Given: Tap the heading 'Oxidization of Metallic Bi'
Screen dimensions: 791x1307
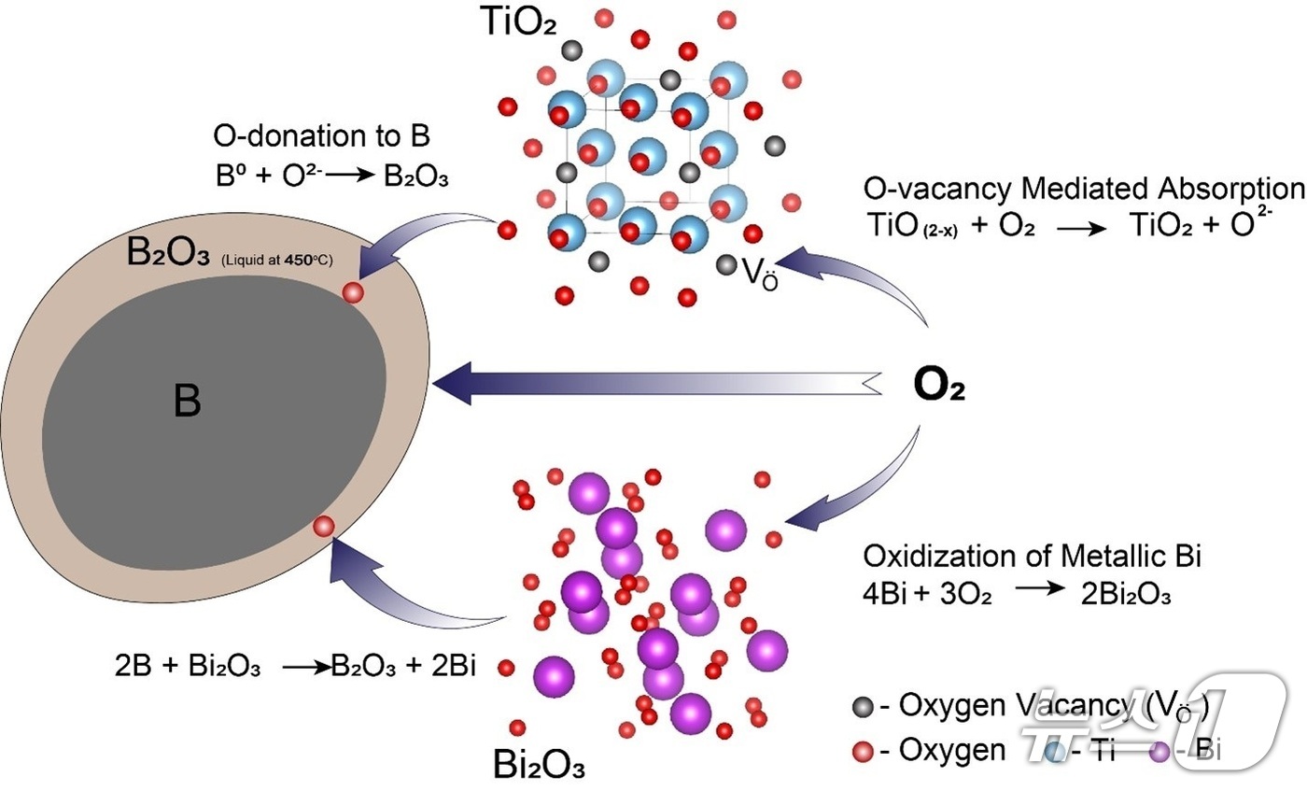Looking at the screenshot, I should (x=1033, y=557).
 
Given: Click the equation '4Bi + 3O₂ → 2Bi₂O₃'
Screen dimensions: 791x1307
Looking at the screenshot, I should (x=1017, y=594).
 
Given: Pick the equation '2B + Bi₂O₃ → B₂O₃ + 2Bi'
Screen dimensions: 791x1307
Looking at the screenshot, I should (x=293, y=667).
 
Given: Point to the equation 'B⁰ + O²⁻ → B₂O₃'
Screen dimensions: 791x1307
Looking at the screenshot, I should (x=331, y=177).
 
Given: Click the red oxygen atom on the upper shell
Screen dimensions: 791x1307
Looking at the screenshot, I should (x=353, y=293).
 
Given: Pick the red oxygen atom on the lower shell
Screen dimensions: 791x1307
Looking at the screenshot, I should (x=323, y=527).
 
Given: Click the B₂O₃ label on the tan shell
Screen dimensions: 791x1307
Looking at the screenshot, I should (x=167, y=255).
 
